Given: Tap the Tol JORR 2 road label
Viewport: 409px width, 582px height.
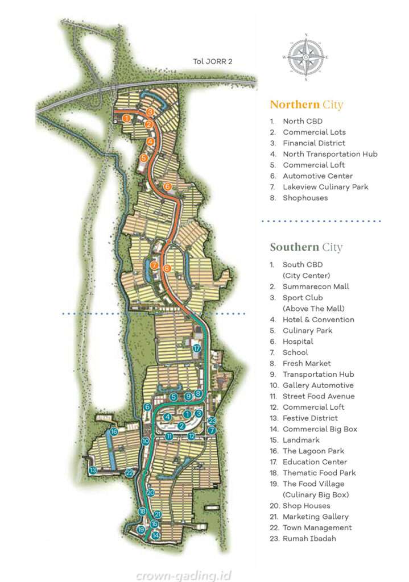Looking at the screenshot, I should click(x=212, y=62).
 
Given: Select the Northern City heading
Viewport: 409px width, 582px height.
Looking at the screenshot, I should click(x=306, y=105).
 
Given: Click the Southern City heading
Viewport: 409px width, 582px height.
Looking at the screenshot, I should click(x=306, y=247).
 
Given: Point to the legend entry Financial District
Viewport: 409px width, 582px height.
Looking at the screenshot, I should click(x=313, y=143).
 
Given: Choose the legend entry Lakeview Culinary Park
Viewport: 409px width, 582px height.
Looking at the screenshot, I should click(x=325, y=187).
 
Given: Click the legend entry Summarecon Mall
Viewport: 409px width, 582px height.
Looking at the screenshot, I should click(x=316, y=286).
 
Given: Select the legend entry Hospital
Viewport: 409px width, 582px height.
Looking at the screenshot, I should click(x=298, y=342).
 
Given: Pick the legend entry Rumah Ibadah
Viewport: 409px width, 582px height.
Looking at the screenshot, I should click(x=309, y=538).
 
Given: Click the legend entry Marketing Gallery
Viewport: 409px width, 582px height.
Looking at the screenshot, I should click(x=316, y=517).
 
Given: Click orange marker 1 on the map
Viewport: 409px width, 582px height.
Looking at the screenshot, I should click(x=126, y=118).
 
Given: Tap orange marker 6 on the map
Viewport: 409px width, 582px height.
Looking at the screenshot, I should click(x=167, y=186).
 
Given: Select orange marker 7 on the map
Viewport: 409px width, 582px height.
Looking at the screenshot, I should click(x=154, y=265).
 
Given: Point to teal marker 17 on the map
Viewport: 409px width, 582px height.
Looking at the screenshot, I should click(x=196, y=348).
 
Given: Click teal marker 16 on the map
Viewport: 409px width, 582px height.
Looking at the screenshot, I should click(x=114, y=431).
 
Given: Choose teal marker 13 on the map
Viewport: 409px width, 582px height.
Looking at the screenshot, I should click(x=92, y=470).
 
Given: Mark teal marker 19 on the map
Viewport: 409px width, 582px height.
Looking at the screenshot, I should click(x=141, y=529).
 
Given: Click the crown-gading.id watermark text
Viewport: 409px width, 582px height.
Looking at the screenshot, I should click(x=183, y=575).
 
